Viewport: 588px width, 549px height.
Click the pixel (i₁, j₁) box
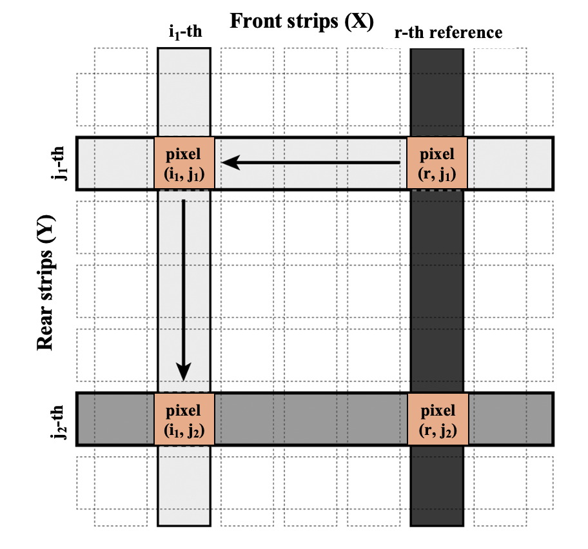(x=184, y=163)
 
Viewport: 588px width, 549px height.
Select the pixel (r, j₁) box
(x=437, y=163)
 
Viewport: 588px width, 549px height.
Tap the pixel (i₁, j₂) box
(x=184, y=418)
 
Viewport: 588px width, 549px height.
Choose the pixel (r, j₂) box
(x=437, y=418)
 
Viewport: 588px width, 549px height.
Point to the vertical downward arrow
(x=184, y=290)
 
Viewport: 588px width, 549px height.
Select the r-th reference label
(x=449, y=32)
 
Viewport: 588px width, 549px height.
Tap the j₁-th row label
(x=59, y=164)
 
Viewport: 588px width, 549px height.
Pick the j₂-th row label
(x=59, y=419)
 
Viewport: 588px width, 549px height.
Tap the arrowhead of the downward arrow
(x=184, y=372)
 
